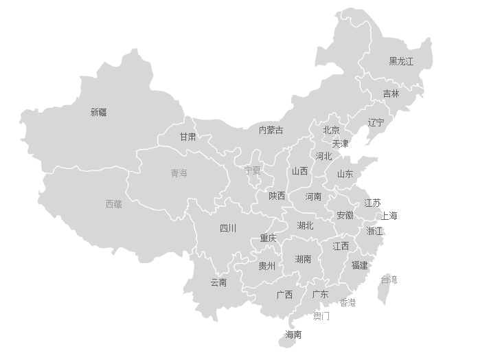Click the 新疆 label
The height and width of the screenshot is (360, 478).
click(x=99, y=112)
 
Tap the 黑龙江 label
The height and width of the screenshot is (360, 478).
click(x=401, y=61)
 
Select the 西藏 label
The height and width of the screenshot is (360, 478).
click(x=114, y=204)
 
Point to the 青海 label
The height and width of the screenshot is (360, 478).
click(x=179, y=173)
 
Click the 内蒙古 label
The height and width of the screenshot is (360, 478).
click(x=271, y=130)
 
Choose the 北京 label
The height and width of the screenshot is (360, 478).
click(x=331, y=130)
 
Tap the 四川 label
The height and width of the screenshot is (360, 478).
click(x=228, y=228)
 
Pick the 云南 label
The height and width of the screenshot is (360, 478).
click(x=218, y=282)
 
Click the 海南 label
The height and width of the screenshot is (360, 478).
click(x=293, y=335)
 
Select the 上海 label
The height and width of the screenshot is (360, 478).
click(x=389, y=216)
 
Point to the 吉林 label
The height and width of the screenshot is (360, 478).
click(x=391, y=93)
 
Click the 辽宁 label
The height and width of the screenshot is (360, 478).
click(x=376, y=123)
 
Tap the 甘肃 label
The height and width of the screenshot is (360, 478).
click(x=187, y=137)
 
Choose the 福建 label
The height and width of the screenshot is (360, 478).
click(x=359, y=265)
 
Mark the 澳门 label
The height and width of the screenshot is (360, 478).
click(x=321, y=317)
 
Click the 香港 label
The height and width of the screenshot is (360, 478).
click(x=348, y=303)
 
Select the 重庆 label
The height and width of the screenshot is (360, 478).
click(x=268, y=238)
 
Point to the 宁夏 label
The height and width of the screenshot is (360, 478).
click(x=252, y=170)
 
